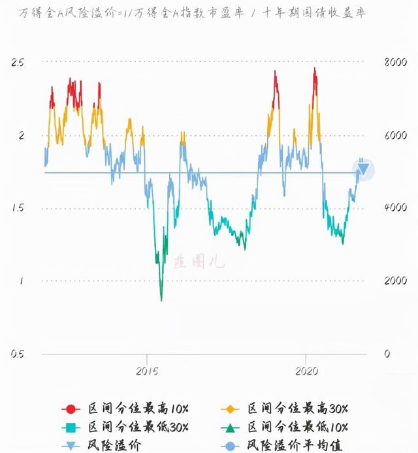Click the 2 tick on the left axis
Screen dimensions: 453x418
pos(21,136)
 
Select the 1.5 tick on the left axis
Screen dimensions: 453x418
pos(18,208)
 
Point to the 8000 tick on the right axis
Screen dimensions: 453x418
pos(396,63)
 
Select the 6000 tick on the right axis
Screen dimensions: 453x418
pos(396,136)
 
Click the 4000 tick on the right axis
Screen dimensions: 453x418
pos(396,208)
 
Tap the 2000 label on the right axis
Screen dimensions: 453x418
pos(396,281)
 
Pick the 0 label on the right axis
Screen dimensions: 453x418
pos(387,354)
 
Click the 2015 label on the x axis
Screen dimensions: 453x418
pos(147,371)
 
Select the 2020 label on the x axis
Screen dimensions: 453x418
pos(306,371)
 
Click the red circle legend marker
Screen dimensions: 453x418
pos(71,409)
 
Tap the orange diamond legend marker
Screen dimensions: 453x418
pos(230,409)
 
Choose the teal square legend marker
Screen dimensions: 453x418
pos(71,427)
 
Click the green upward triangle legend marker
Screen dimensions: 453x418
pos(230,427)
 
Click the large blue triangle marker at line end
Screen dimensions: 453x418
pos(363,170)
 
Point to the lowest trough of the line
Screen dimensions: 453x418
pos(161,300)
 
